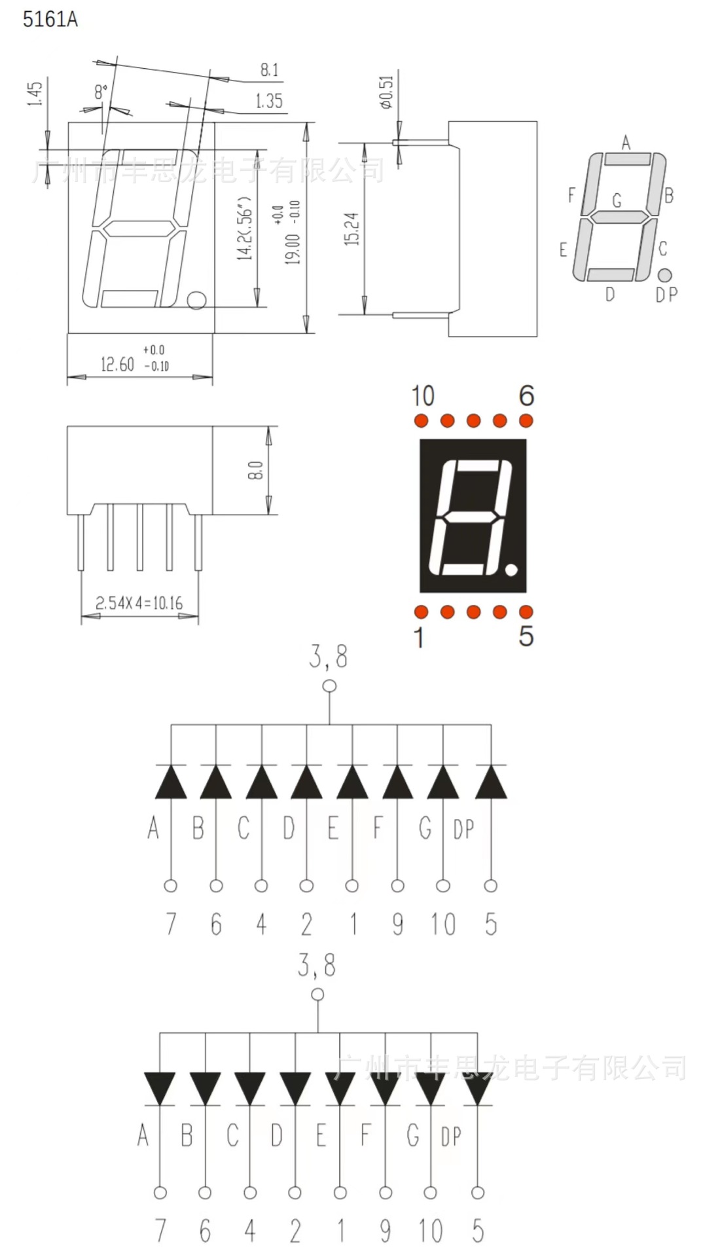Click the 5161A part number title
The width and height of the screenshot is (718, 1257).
click(x=50, y=20)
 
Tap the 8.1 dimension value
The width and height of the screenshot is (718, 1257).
click(x=269, y=69)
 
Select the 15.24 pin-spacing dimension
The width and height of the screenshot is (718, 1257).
click(x=351, y=228)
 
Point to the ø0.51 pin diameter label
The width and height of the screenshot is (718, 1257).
click(x=386, y=92)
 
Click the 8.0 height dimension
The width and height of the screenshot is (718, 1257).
click(x=255, y=470)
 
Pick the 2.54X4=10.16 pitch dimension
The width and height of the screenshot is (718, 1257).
click(x=139, y=602)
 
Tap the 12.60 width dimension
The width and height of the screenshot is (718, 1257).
click(x=117, y=364)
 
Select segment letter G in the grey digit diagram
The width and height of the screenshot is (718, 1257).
click(x=617, y=200)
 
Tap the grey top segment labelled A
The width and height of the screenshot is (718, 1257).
click(x=627, y=159)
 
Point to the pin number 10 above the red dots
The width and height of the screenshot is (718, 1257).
click(x=422, y=396)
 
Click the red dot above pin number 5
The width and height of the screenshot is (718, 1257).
click(x=526, y=612)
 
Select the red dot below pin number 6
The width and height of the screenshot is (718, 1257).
click(x=526, y=420)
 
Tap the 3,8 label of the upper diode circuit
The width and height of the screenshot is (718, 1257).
click(x=329, y=657)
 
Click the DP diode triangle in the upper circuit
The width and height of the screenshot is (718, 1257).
click(x=490, y=782)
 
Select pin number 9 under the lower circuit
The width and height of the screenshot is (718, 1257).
click(x=386, y=1231)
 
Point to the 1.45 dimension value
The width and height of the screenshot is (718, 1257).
click(x=36, y=94)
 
